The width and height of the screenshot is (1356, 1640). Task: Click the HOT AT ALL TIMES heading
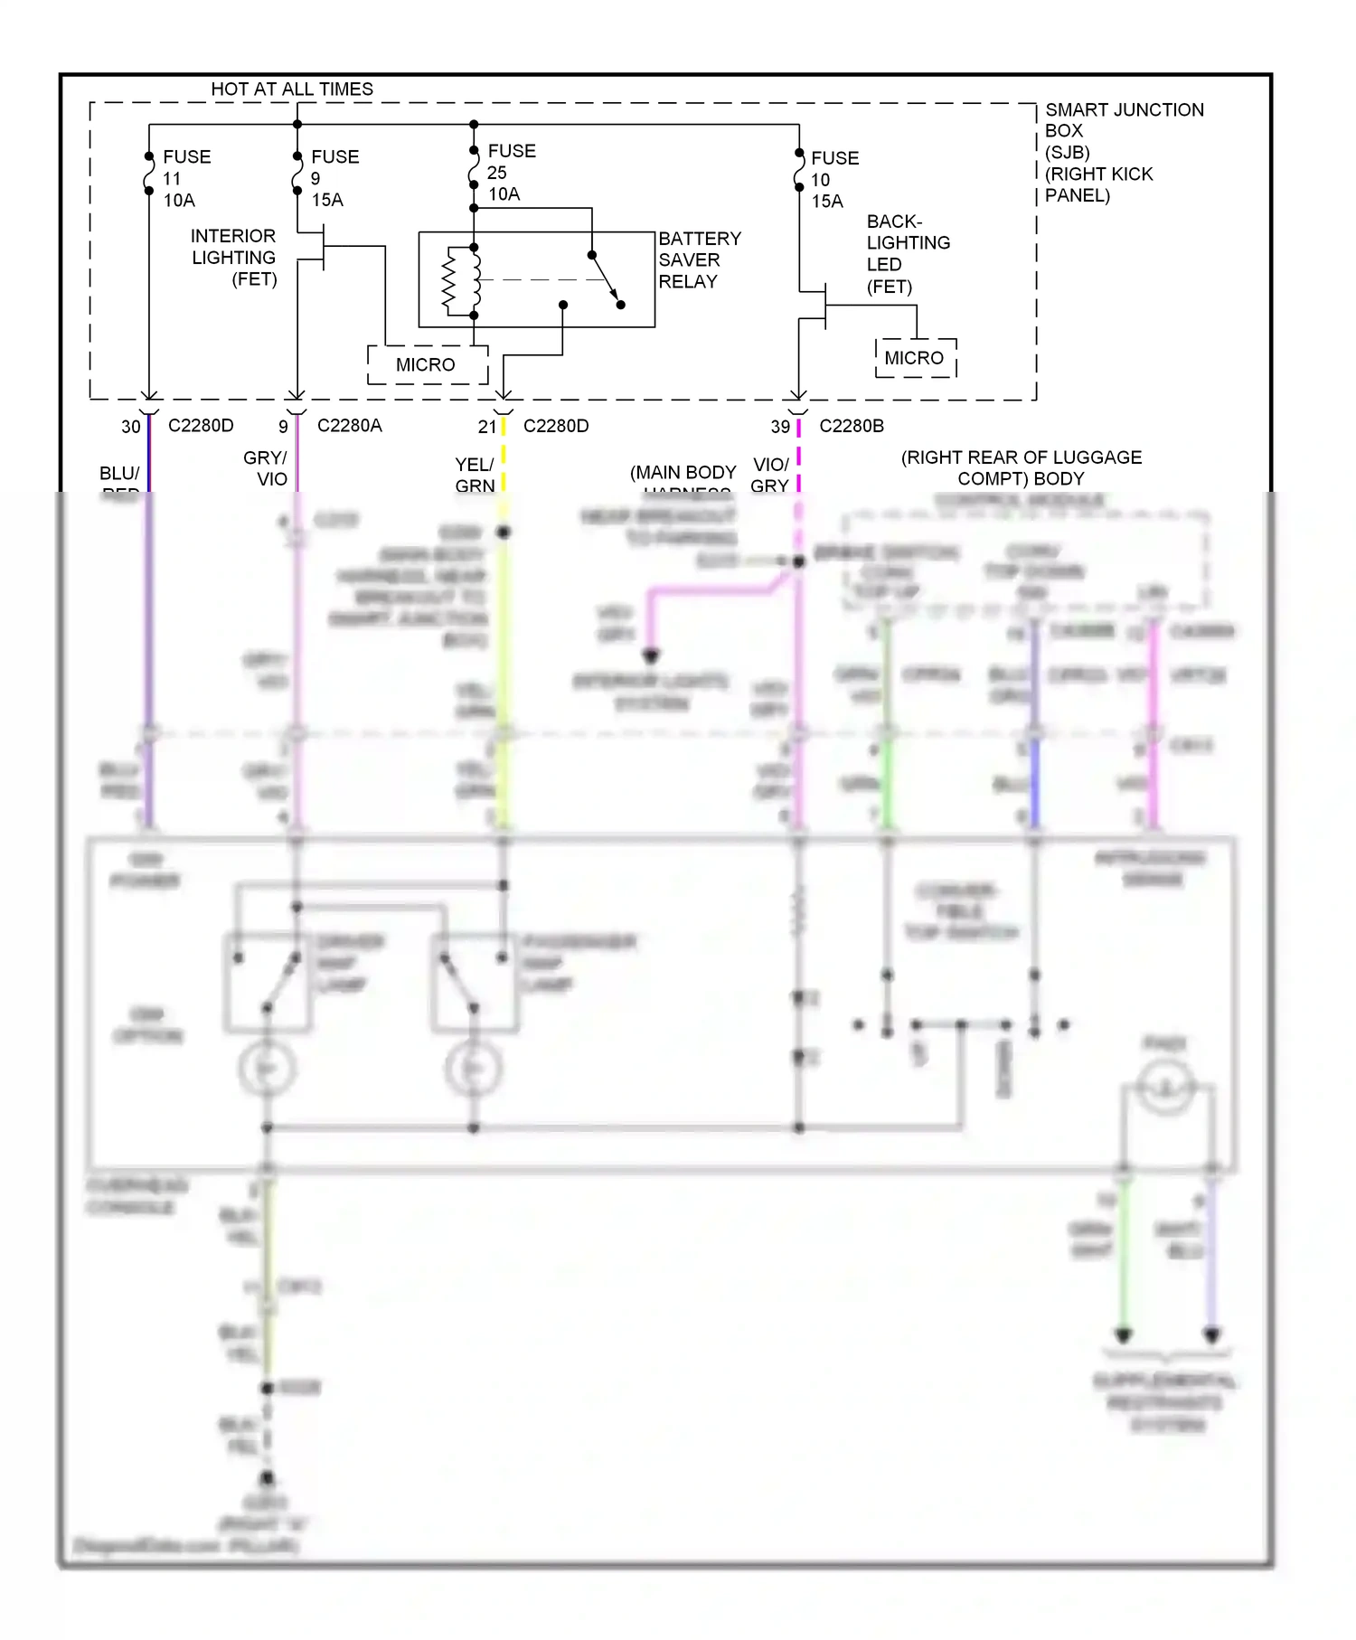[291, 89]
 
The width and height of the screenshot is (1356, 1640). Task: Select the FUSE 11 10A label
[185, 178]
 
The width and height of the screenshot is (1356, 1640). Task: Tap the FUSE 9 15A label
[334, 178]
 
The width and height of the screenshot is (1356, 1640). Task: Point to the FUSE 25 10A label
[511, 172]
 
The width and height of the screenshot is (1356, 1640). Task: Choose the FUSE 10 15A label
[833, 179]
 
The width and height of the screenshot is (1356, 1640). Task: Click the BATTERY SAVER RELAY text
[699, 259]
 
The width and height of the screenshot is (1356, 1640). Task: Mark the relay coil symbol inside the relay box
[461, 280]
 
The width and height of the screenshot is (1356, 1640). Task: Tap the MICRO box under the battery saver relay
[426, 364]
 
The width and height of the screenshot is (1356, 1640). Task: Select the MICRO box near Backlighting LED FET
[914, 358]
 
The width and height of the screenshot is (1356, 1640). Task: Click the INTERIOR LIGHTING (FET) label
[233, 258]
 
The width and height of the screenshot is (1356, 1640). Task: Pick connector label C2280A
[349, 426]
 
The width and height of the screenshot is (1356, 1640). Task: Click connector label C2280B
[851, 426]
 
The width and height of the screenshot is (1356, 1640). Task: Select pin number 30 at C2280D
[131, 427]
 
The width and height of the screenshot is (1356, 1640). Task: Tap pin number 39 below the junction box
[780, 427]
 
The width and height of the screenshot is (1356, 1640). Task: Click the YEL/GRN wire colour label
[474, 475]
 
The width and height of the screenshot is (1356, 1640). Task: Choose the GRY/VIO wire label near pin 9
[265, 468]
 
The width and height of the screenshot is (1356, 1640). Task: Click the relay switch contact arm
[605, 277]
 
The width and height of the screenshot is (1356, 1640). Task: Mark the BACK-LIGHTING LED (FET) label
[907, 254]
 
